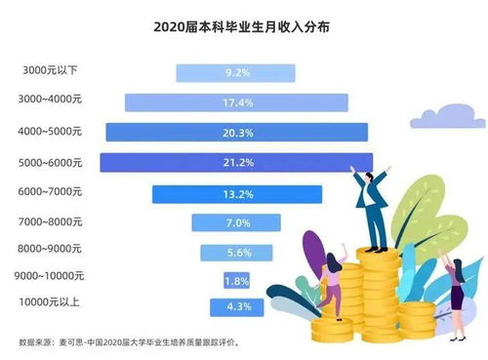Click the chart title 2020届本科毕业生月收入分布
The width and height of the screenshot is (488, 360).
pos(241,28)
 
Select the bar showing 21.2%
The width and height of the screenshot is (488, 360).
pos(236,161)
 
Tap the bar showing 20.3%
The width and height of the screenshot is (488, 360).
pos(236,132)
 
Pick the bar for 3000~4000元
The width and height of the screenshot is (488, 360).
pos(236,101)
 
